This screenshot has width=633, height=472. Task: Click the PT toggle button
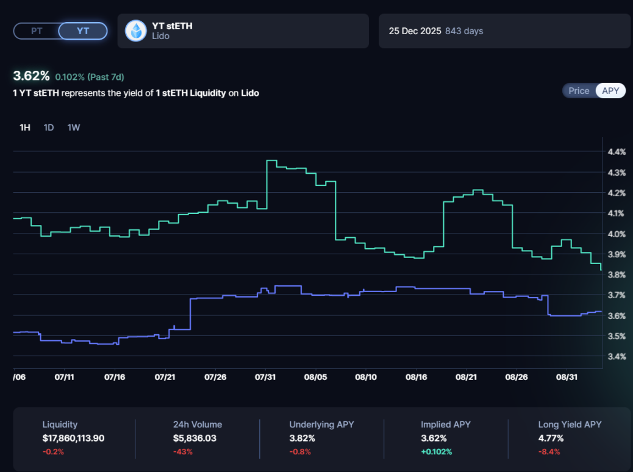[x=37, y=30]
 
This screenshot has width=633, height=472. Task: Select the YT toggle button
[x=83, y=30]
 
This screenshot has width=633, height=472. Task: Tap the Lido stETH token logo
[x=135, y=30]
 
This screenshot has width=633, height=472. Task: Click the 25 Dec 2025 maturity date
[x=415, y=30]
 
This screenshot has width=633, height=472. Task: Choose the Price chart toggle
[x=579, y=91]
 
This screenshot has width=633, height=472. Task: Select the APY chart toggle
[x=610, y=91]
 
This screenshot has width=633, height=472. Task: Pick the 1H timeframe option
[x=25, y=127]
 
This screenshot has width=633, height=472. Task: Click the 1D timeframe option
[x=49, y=127]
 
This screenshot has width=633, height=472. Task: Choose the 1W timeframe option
[x=74, y=127]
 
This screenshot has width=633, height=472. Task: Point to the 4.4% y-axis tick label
[x=617, y=152]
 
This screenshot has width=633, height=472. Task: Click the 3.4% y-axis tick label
[x=617, y=357]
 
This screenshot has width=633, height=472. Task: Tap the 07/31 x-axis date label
[x=265, y=377]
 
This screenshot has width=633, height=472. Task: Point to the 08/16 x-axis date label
[x=416, y=377]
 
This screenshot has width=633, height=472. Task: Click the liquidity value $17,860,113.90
[x=73, y=438]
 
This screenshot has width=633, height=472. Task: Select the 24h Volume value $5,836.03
[x=195, y=438]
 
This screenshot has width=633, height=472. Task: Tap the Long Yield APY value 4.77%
[x=551, y=438]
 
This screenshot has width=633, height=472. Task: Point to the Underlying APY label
[x=321, y=424]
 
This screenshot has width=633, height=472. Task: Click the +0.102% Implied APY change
[x=436, y=452]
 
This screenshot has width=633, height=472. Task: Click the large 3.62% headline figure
[x=31, y=76]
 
